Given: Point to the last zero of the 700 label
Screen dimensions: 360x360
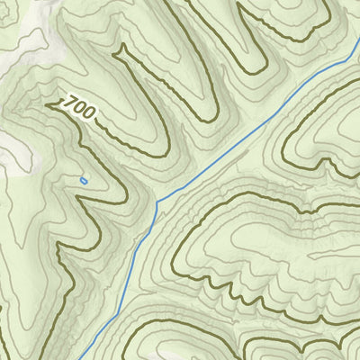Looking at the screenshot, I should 89,115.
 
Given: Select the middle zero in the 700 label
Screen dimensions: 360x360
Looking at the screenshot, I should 80,111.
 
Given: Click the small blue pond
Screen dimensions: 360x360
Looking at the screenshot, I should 84,181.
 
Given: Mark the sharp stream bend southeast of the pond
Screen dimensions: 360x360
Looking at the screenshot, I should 157,203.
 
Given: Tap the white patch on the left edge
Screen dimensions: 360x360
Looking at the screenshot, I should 7,144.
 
